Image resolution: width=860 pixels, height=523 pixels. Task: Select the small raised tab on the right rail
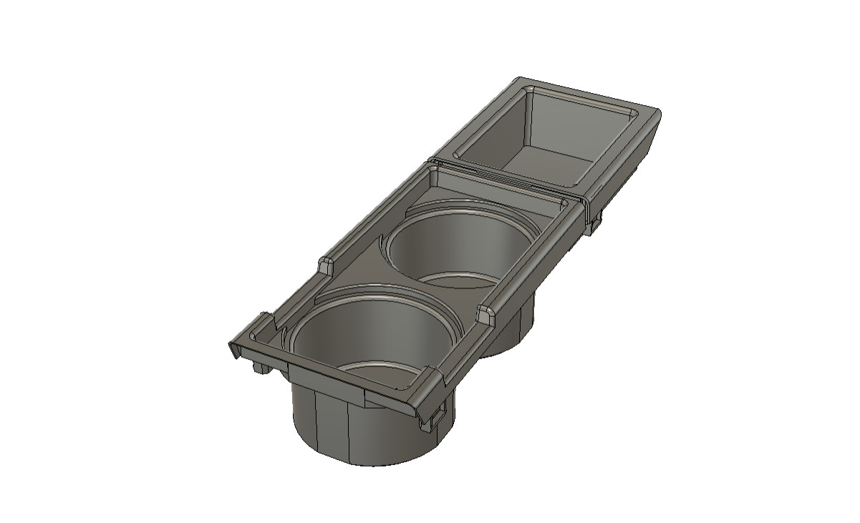[x=484, y=313]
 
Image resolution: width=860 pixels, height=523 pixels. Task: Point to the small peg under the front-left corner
[x=259, y=368]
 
